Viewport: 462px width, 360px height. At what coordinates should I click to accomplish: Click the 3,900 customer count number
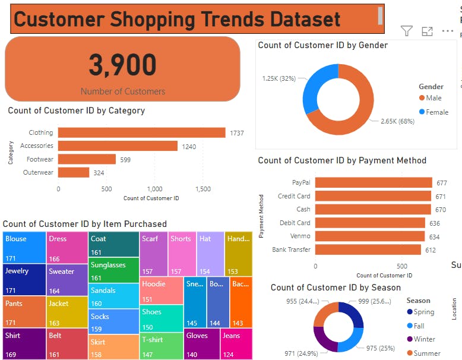(x=123, y=65)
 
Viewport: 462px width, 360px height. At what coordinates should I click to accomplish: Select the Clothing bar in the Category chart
(x=141, y=133)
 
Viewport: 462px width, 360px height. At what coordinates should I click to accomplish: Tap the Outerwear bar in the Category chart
(x=74, y=172)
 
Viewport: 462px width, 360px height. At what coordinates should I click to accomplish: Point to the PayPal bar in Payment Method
(x=374, y=183)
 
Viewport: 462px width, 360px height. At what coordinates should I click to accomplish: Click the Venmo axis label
(x=300, y=236)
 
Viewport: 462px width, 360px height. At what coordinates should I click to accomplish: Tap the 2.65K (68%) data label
(x=396, y=121)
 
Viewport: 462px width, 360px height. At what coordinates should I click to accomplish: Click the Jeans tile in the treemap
(x=236, y=343)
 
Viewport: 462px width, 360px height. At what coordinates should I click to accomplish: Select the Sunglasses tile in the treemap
(x=113, y=270)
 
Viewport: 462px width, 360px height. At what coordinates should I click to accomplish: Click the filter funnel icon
(x=407, y=31)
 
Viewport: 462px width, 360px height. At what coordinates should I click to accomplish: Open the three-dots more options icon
(x=447, y=31)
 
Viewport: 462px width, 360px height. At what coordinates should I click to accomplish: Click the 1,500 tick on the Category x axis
(x=203, y=189)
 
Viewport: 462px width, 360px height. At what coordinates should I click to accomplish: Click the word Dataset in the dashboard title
(x=305, y=19)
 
